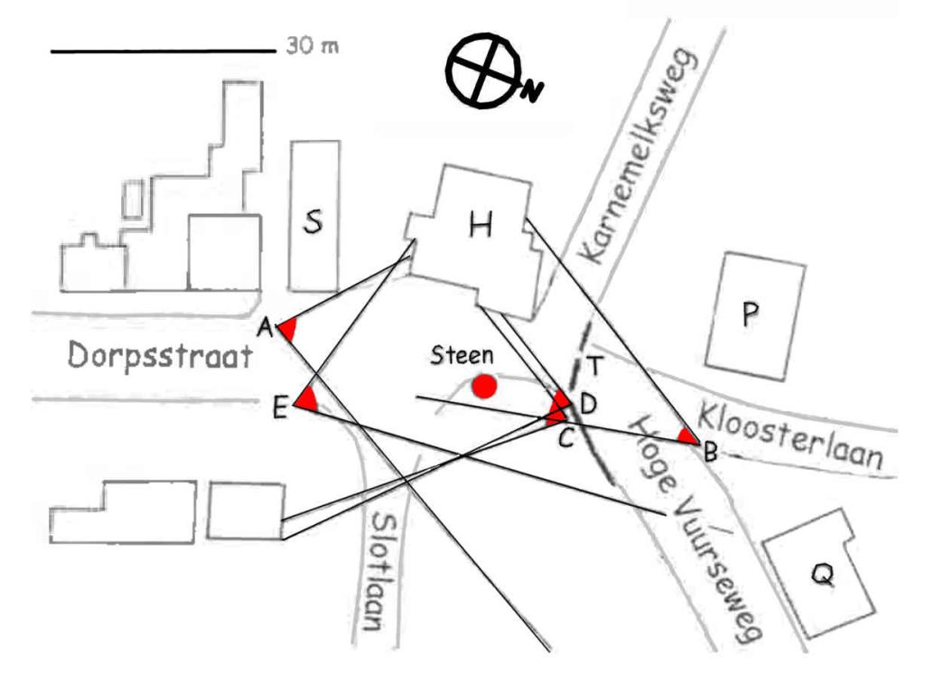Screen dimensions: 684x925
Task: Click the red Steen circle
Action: pos(485,386)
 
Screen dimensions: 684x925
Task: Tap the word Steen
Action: pos(462,355)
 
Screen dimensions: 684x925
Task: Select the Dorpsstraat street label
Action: pos(159,357)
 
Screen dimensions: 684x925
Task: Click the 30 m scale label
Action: pos(313,44)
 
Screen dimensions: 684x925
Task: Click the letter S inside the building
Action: pos(313,221)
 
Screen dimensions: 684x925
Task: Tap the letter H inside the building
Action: pos(480,225)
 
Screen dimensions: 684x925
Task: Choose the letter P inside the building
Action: pos(749,314)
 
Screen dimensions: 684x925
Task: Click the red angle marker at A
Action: pos(287,330)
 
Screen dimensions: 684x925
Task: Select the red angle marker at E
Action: pos(308,400)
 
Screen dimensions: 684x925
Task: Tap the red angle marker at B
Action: pos(689,437)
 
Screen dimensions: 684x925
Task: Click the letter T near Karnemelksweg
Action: pos(594,365)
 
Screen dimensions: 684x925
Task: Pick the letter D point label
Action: pos(586,404)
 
